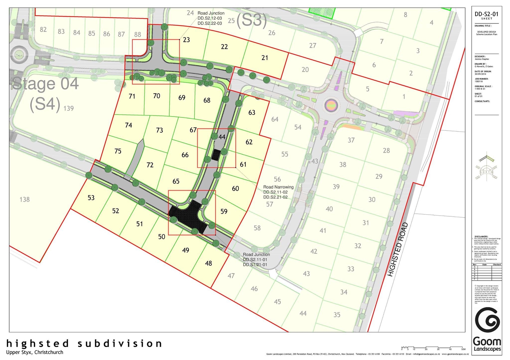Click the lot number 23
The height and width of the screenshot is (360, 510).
coord(187,40)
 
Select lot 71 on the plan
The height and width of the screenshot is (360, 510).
coord(132,96)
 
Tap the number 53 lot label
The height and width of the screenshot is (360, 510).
coord(91,198)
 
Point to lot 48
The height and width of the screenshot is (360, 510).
coord(209,263)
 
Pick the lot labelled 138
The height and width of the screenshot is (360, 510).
coord(25,199)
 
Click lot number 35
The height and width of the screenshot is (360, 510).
coord(337,315)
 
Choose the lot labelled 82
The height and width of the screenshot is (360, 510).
coord(43,30)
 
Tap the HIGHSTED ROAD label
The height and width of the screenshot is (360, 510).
coord(398,250)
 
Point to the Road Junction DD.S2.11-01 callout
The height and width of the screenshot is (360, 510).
coord(256,259)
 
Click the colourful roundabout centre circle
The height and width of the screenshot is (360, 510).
coord(331,106)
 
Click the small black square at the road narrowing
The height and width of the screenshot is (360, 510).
coord(216,155)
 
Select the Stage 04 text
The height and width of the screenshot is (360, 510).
coord(45,84)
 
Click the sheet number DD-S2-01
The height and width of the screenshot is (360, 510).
coord(486,14)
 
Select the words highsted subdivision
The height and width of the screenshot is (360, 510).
coord(84,343)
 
